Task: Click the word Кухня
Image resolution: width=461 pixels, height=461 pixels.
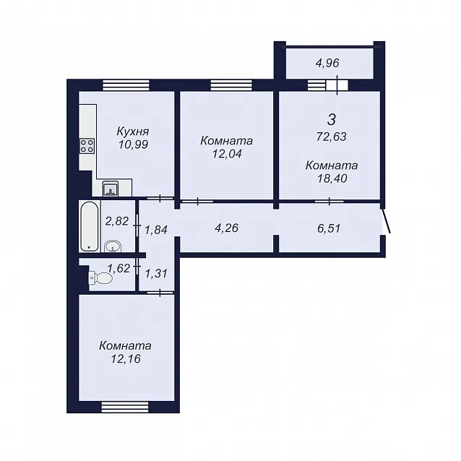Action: point(133,132)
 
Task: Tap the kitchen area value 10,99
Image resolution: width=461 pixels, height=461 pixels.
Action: point(133,145)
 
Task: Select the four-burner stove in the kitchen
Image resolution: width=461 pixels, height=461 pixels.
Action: point(87,146)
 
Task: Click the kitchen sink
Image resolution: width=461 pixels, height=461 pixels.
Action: point(111,189)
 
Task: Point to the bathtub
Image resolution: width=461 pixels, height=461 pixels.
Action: point(90,226)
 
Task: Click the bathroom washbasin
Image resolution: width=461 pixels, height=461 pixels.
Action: point(112,246)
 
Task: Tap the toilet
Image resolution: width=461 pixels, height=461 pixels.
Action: point(100,278)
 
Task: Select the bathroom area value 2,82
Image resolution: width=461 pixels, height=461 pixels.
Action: point(117,221)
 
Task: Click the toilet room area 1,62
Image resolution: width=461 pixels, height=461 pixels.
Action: point(119,268)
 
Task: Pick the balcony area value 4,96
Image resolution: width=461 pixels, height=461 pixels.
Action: point(327,63)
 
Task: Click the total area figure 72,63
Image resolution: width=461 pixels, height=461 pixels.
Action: point(332,137)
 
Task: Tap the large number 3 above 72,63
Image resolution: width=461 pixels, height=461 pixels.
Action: point(332,120)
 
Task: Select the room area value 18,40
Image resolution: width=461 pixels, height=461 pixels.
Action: point(332,178)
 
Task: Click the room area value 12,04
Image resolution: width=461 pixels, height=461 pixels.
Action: point(227,154)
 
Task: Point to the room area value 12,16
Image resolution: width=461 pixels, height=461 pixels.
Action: point(126,359)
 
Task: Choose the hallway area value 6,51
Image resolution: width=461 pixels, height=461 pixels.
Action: point(329,228)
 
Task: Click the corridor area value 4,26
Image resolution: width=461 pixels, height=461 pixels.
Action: point(226,228)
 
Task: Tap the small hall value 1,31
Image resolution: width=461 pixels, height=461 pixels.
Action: point(156,274)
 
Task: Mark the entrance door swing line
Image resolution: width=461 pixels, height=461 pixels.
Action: point(387,221)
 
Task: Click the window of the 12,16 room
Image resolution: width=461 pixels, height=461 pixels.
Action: point(125,408)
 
